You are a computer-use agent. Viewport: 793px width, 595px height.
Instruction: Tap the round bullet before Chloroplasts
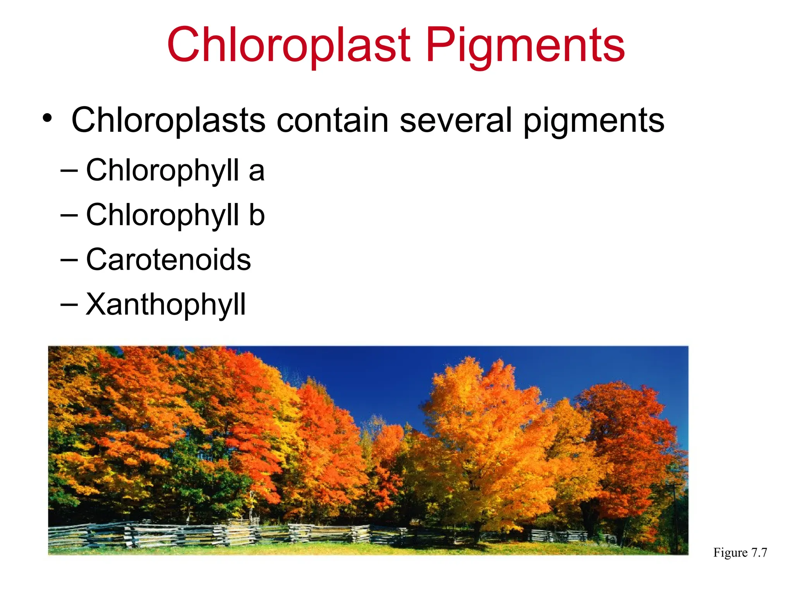coord(47,119)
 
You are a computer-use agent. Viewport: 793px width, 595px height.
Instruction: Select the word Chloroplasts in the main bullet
coord(168,120)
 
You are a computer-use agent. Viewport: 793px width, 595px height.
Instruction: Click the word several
coord(456,120)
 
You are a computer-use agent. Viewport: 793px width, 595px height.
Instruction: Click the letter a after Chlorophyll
coord(256,171)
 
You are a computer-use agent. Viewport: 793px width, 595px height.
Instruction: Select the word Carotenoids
coord(168,260)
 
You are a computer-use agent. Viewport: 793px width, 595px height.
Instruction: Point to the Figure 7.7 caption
coord(740,552)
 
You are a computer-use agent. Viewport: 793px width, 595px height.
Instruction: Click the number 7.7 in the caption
coord(759,552)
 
